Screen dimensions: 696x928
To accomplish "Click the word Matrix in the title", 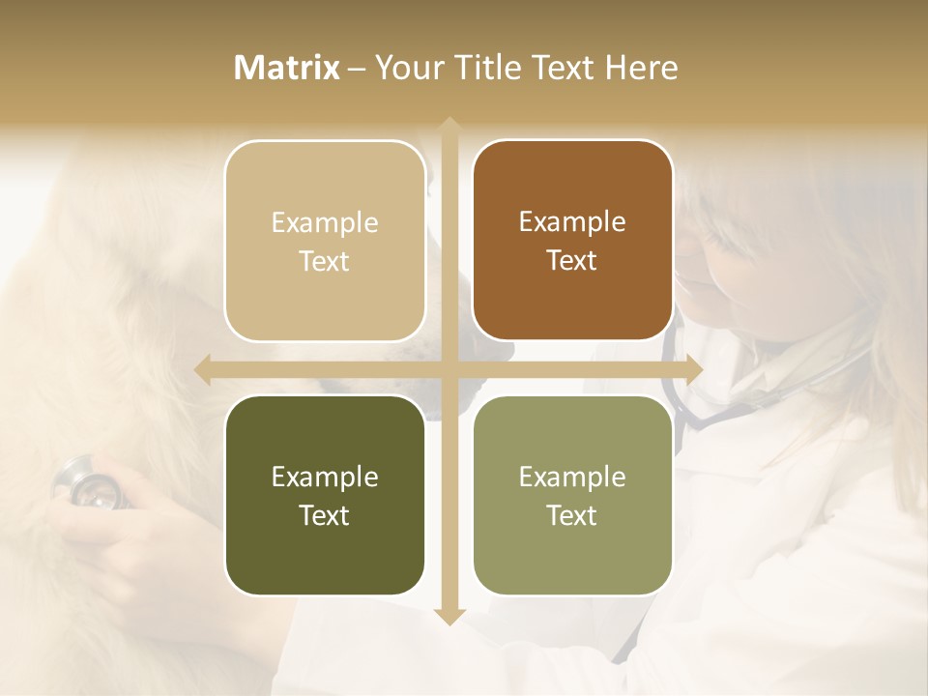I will click(x=287, y=68).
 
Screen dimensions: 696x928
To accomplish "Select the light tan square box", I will click(x=325, y=241).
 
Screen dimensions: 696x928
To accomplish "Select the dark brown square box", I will click(x=572, y=241).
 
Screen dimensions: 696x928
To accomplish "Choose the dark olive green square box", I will click(x=325, y=495).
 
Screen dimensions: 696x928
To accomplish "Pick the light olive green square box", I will click(x=572, y=495).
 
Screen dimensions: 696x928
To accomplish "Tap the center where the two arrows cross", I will click(x=449, y=368).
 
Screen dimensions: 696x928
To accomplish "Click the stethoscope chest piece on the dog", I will click(x=90, y=482).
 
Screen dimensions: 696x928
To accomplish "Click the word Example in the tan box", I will click(x=325, y=222).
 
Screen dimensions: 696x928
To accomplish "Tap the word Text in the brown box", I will click(x=572, y=260).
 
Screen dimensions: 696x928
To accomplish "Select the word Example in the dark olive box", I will click(x=325, y=477).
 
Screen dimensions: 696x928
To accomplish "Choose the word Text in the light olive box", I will click(x=572, y=515).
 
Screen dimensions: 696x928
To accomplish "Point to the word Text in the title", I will click(x=565, y=68).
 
